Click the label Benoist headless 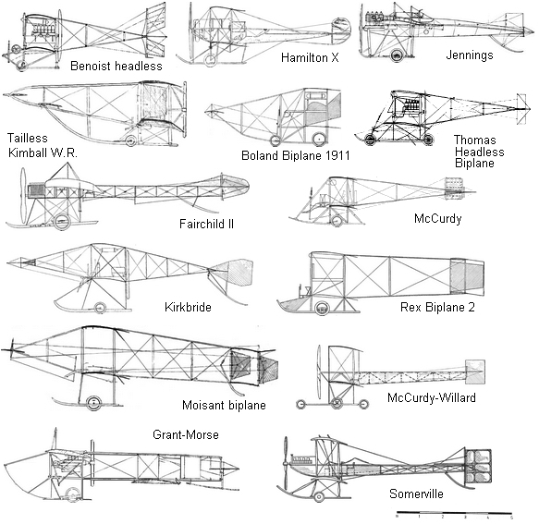click(116, 66)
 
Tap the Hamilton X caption click(310, 57)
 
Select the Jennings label click(470, 55)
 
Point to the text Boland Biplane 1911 click(295, 155)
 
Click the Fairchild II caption click(206, 224)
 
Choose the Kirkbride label click(188, 307)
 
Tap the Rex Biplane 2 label click(437, 307)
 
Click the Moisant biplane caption click(224, 405)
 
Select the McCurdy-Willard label click(432, 397)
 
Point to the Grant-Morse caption click(186, 434)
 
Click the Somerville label click(416, 494)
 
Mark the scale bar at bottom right click(455, 513)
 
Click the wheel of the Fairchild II click(62, 222)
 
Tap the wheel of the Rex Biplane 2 click(322, 308)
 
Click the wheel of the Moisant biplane click(93, 403)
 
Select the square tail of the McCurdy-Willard click(475, 372)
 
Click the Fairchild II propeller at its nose click(23, 195)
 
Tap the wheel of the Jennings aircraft click(397, 55)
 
